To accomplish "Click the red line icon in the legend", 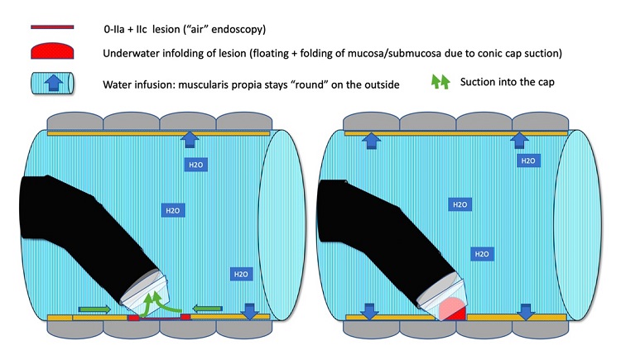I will click(51, 28).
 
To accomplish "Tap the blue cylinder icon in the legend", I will click(51, 83).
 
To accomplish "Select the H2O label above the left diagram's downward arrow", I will click(239, 274).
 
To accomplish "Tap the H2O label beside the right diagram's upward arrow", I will click(527, 160).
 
